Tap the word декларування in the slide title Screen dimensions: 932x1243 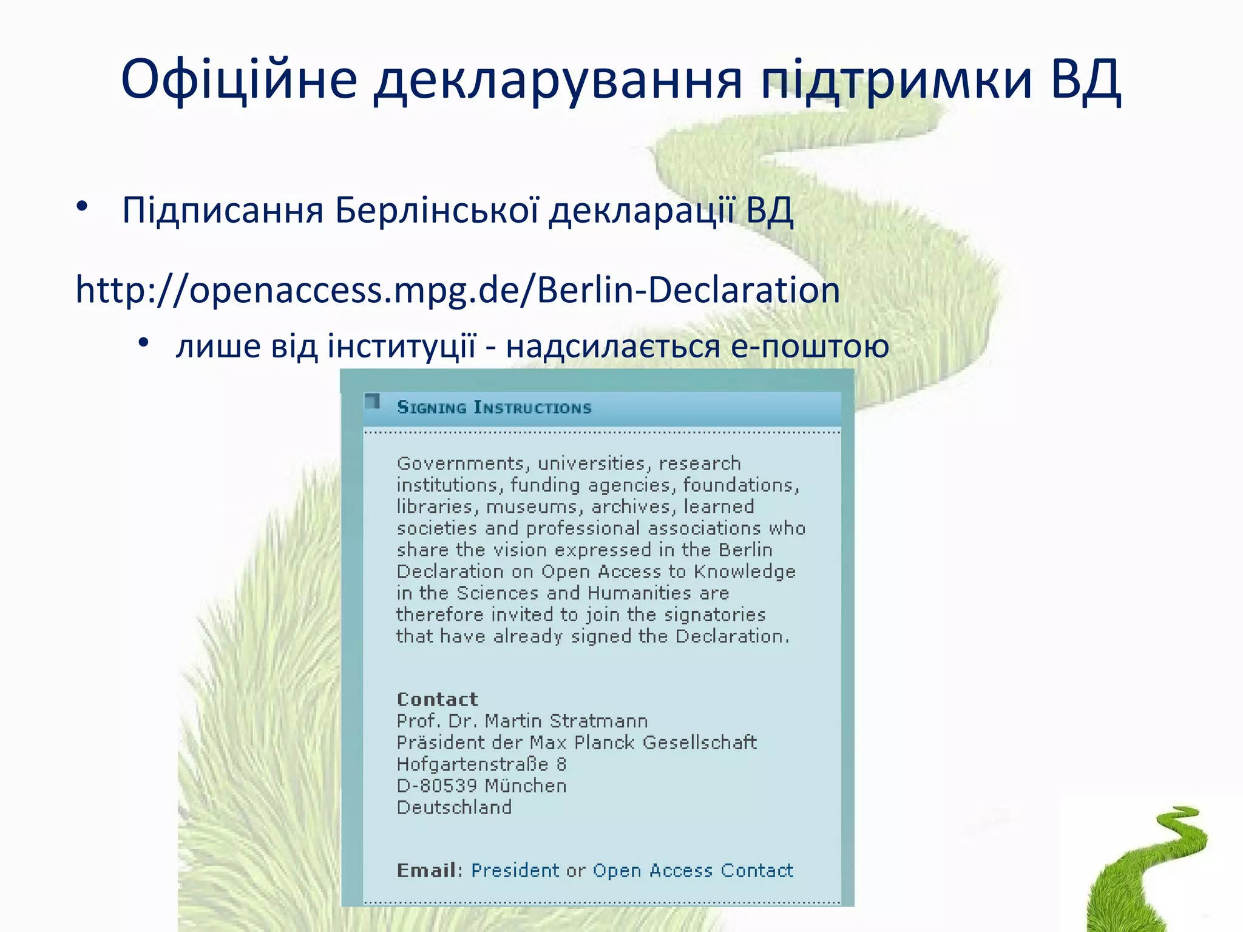(558, 79)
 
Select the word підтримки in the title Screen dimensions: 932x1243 (896, 79)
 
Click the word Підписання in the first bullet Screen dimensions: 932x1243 (222, 211)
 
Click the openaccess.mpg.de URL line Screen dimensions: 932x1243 (458, 290)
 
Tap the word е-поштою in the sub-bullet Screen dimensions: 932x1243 (810, 346)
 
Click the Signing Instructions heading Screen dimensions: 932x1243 (494, 407)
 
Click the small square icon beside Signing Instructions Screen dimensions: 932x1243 (372, 401)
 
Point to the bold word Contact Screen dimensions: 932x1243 (437, 699)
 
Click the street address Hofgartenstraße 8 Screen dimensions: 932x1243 (481, 764)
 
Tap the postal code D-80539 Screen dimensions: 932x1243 (436, 786)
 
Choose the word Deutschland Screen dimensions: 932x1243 (454, 807)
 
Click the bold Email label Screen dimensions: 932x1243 (426, 870)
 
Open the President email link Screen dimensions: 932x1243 (515, 870)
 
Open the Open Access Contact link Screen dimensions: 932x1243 (693, 870)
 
